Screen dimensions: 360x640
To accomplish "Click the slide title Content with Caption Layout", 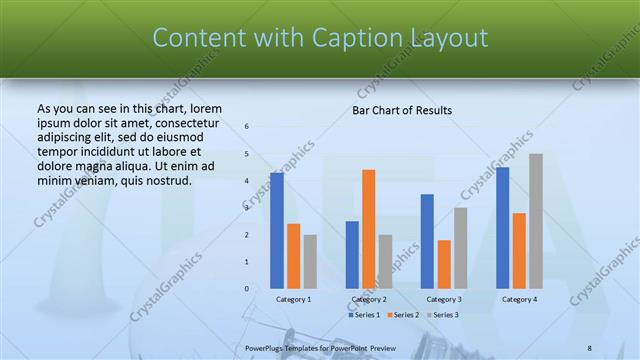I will click(320, 38).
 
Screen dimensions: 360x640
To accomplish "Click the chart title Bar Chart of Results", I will click(402, 110).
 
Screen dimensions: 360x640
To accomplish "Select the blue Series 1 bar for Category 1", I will click(277, 231).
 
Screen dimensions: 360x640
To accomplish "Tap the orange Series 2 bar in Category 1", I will click(293, 256).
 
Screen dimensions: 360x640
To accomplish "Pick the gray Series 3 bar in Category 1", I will click(310, 262).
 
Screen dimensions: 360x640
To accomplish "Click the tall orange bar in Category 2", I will click(369, 229).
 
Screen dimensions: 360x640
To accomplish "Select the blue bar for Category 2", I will click(352, 255).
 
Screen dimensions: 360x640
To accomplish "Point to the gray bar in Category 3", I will click(460, 248).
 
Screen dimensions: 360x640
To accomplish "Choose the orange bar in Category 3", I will click(444, 264).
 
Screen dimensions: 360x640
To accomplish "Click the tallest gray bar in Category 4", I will click(536, 221).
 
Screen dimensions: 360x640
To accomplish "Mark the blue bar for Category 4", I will click(502, 228).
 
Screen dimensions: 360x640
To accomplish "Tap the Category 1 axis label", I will click(293, 299).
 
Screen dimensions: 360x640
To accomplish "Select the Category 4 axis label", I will click(519, 299).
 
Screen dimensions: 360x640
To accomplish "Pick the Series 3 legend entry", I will click(444, 315).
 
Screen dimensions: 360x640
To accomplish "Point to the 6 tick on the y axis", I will click(247, 126).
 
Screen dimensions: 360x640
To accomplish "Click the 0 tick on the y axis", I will click(247, 289).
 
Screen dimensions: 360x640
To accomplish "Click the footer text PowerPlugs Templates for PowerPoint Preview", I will click(320, 347).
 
